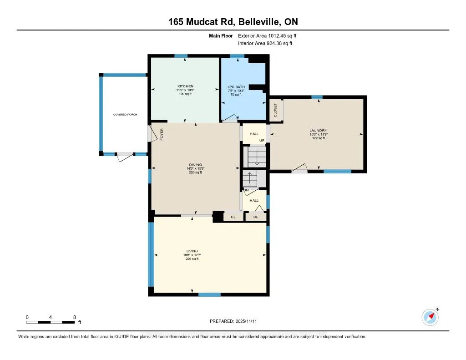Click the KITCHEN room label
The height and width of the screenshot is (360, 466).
(185, 86)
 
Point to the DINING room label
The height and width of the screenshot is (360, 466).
(196, 165)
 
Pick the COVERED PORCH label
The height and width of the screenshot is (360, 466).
(125, 115)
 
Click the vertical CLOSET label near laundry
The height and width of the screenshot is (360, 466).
(275, 110)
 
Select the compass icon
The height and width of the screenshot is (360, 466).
(430, 317)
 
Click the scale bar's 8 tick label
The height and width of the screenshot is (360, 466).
(75, 317)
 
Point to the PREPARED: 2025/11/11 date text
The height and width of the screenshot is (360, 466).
(236, 321)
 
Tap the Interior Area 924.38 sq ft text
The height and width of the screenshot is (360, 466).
(265, 43)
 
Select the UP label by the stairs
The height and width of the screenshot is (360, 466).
(262, 140)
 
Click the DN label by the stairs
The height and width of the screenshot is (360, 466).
(246, 189)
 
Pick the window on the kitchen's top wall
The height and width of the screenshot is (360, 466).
(181, 56)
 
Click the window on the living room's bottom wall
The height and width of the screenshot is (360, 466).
(209, 294)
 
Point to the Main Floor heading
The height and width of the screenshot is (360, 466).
(221, 35)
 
